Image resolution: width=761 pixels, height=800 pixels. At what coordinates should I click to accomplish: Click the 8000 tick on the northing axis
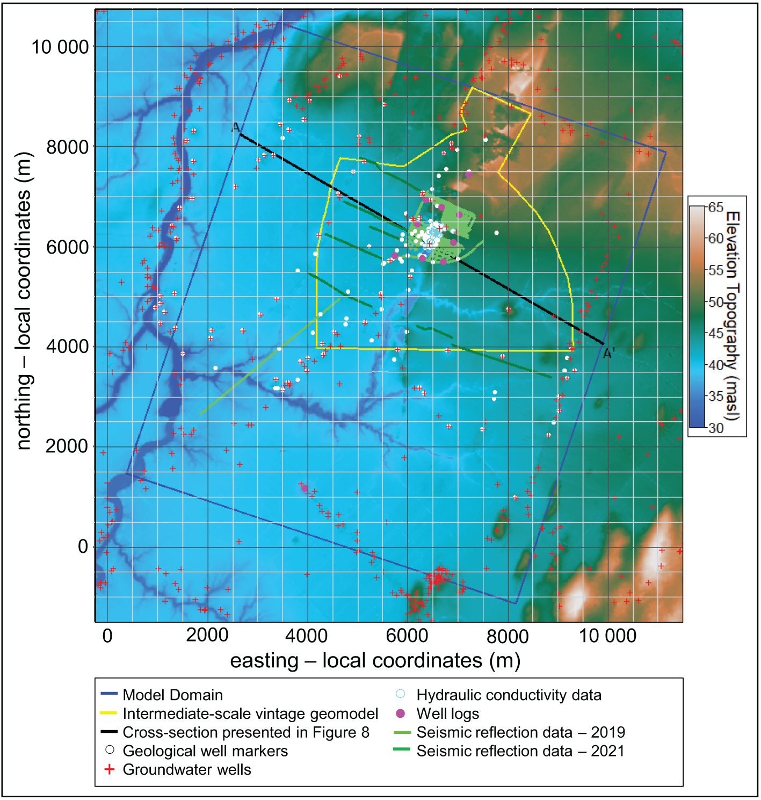pos(67,147)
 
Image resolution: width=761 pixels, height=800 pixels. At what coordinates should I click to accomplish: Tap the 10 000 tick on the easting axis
pos(607,636)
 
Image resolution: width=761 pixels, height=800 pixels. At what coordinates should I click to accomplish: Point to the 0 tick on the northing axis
pos(83,546)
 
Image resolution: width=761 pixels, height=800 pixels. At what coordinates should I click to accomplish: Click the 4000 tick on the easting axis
pos(306,636)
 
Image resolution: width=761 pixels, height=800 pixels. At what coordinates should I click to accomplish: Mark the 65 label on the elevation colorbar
pos(716,207)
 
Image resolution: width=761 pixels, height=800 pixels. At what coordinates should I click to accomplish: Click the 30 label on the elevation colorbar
pos(716,428)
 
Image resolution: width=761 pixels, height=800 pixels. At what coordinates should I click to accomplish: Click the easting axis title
pos(375,660)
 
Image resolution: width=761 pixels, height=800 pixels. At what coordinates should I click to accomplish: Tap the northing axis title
pos(24,301)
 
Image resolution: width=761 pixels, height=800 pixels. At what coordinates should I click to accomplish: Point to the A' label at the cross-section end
pos(608,354)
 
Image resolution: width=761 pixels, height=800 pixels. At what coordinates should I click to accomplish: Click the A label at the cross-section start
pos(235,127)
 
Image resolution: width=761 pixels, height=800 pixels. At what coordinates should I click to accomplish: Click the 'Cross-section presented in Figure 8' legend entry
pos(246,732)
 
